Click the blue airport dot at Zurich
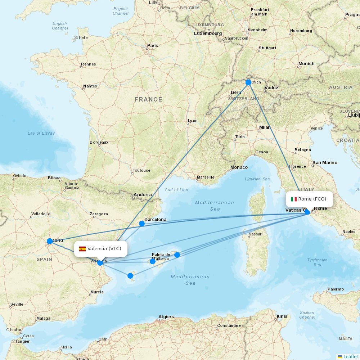(248, 82)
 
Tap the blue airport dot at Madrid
(50, 241)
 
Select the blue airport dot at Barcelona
(142, 224)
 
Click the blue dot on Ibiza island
(130, 276)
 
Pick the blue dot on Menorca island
(177, 255)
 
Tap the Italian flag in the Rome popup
(294, 199)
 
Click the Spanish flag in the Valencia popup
(82, 249)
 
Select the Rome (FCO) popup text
(312, 199)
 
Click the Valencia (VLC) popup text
(104, 249)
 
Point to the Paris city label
(153, 46)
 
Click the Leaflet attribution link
(350, 356)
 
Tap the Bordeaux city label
(99, 142)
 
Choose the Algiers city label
(166, 317)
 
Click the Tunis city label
(282, 316)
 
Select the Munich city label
(306, 64)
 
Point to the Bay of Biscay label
(41, 133)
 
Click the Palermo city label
(336, 289)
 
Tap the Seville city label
(17, 304)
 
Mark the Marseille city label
(206, 177)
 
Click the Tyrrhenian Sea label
(317, 262)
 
